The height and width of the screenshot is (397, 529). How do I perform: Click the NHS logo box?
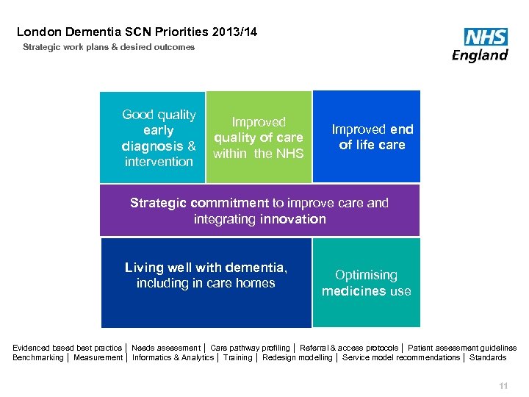(x=486, y=37)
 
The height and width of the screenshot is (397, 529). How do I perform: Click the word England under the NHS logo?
(x=480, y=55)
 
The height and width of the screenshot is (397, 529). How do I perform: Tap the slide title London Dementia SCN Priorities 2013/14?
(x=137, y=32)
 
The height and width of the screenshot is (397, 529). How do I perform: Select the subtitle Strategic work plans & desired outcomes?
(x=109, y=47)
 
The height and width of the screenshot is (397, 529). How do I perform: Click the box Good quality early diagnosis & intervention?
(x=153, y=137)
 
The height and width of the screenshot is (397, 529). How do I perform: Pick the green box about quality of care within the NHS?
(x=259, y=137)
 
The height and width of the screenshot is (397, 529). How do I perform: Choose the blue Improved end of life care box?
(x=367, y=137)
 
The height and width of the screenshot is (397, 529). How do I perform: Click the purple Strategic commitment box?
(x=259, y=210)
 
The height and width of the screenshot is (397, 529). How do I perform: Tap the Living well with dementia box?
(x=206, y=282)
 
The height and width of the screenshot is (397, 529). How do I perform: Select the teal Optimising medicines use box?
(x=366, y=282)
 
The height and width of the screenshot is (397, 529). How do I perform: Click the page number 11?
(x=503, y=386)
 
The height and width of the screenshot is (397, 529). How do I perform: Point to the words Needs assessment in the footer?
(x=165, y=348)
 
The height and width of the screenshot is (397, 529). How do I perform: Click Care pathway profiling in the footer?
(x=250, y=348)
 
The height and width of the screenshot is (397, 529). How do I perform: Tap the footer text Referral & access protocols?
(x=349, y=348)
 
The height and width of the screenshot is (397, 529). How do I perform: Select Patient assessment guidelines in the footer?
(x=462, y=348)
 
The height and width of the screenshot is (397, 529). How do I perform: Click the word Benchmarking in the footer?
(x=38, y=357)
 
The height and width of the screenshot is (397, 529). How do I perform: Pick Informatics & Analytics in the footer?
(x=173, y=357)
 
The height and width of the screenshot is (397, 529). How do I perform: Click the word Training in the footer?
(x=237, y=357)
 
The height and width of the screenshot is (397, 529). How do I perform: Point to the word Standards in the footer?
(x=488, y=357)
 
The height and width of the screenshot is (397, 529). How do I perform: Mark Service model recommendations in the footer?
(x=401, y=357)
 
